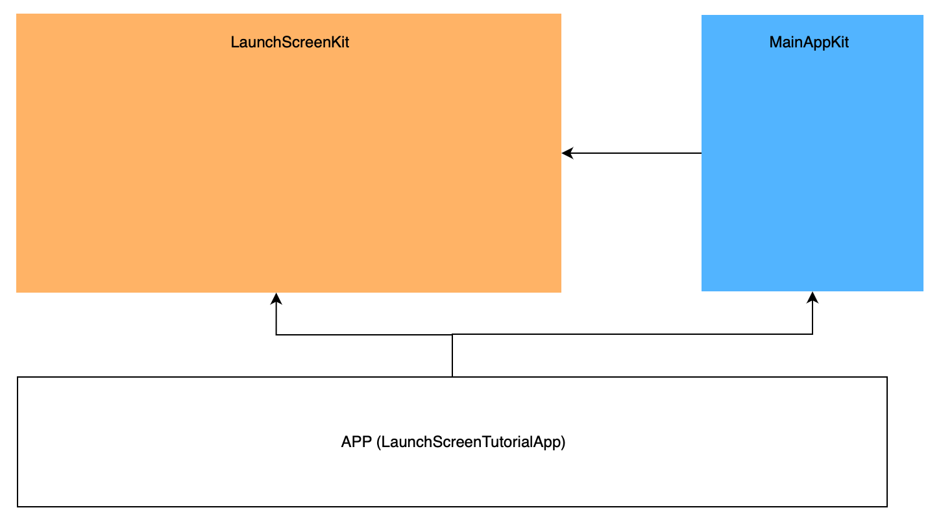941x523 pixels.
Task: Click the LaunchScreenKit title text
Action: pyautogui.click(x=289, y=43)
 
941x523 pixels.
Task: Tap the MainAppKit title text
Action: pyautogui.click(x=809, y=43)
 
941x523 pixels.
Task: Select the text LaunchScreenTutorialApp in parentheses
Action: pyautogui.click(x=471, y=443)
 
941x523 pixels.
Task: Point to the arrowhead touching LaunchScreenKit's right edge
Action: pyautogui.click(x=567, y=153)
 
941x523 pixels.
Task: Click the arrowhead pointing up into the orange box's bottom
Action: pyautogui.click(x=276, y=298)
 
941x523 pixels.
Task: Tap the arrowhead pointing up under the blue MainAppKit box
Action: pyautogui.click(x=813, y=297)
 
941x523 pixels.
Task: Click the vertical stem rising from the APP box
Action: pyautogui.click(x=452, y=356)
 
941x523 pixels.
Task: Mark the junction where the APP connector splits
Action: pyautogui.click(x=452, y=335)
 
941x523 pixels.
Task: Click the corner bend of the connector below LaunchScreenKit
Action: pyautogui.click(x=276, y=335)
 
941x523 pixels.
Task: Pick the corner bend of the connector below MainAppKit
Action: pyautogui.click(x=813, y=335)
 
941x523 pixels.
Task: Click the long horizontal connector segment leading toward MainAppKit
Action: pyautogui.click(x=633, y=335)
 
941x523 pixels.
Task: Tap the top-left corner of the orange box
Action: pyautogui.click(x=17, y=15)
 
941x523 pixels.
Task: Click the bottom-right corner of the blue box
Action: pyautogui.click(x=922, y=290)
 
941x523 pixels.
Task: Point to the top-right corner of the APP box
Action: pyautogui.click(x=886, y=377)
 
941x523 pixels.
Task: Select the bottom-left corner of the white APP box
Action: pyautogui.click(x=18, y=506)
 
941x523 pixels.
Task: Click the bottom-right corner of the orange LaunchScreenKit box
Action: pyautogui.click(x=560, y=291)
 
